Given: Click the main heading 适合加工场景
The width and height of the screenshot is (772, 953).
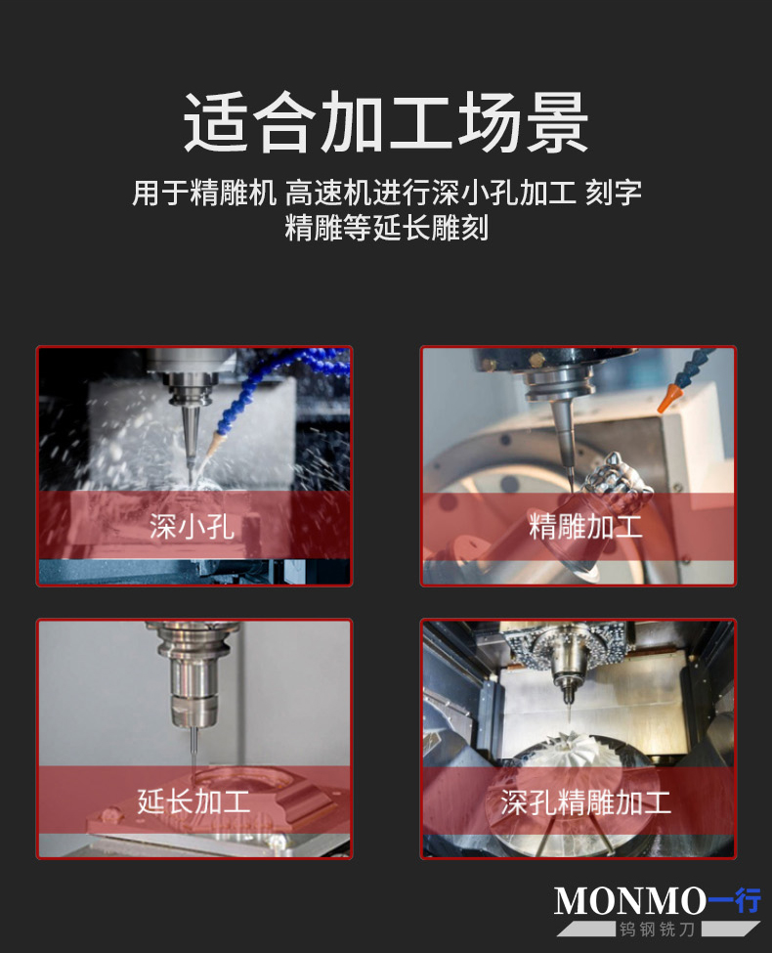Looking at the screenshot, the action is (x=386, y=122).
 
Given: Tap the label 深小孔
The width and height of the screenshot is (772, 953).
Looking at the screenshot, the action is (x=193, y=526).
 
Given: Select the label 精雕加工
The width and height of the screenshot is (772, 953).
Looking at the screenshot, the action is (x=585, y=526).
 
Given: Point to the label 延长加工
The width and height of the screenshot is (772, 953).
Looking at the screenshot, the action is (x=193, y=801).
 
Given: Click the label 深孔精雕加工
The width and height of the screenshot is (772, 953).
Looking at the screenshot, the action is (x=586, y=802).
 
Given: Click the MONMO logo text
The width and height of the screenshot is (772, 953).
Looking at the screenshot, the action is (x=629, y=901).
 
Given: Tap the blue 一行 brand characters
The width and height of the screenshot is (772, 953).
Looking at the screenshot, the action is (x=734, y=900).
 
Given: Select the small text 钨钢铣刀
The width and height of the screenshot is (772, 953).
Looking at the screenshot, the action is (x=657, y=930).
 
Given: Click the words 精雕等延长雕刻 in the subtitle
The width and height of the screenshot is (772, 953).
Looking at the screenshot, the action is (x=387, y=228).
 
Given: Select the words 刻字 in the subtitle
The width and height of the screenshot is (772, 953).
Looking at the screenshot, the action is (x=614, y=193).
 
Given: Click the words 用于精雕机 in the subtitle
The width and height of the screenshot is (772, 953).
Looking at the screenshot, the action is (x=204, y=193).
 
